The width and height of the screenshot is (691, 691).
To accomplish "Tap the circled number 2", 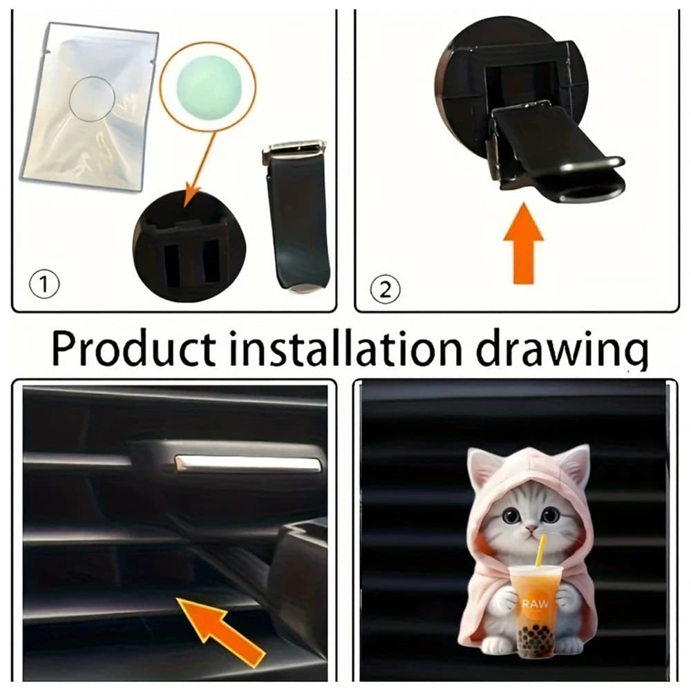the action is click(x=385, y=290).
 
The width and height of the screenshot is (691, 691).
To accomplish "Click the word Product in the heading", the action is click(x=134, y=349).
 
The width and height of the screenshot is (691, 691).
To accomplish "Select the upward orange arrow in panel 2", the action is click(x=524, y=243).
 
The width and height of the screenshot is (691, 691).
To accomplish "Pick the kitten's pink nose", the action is click(x=532, y=527).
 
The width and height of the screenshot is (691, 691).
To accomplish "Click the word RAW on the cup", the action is click(x=536, y=603).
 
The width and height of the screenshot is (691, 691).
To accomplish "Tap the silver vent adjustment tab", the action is click(x=248, y=462).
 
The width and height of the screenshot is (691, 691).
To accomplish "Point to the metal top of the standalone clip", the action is click(x=294, y=149).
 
